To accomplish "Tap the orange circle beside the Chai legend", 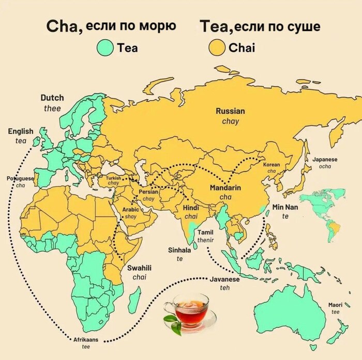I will coord(216,48).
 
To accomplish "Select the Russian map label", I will coord(230,111).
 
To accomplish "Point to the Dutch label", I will coord(52,98).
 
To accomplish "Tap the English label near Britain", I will coord(21,132).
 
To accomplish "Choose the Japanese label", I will coord(325,160).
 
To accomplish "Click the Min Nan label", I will coord(285,207).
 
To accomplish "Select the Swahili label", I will coord(139,268).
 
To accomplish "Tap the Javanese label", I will coord(225,279).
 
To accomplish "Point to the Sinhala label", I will coord(179,250).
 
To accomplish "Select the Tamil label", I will coord(205,232).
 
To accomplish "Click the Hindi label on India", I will coord(191,208).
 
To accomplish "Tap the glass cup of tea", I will coord(191,310).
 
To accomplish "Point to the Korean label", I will coord(271,165).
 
